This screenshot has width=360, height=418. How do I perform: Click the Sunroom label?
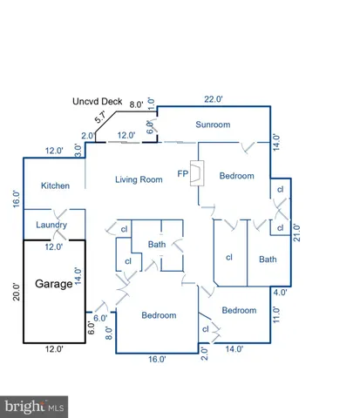(x=213, y=125)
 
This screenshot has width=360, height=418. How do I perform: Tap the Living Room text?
(x=139, y=179)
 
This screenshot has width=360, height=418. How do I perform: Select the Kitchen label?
(x=44, y=185)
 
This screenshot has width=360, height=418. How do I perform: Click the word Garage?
(x=54, y=284)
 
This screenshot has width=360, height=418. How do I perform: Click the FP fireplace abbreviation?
(x=183, y=172)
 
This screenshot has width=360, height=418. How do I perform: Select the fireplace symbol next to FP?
(x=198, y=174)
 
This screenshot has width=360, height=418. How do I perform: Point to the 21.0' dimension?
(x=297, y=234)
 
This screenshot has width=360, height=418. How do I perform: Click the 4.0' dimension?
(x=281, y=293)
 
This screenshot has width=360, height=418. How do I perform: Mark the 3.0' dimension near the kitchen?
(x=78, y=150)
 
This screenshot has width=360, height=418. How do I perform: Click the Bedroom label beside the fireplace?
(x=236, y=175)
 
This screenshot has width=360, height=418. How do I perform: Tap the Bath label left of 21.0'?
(x=268, y=259)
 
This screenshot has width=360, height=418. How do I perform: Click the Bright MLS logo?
(x=36, y=406)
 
